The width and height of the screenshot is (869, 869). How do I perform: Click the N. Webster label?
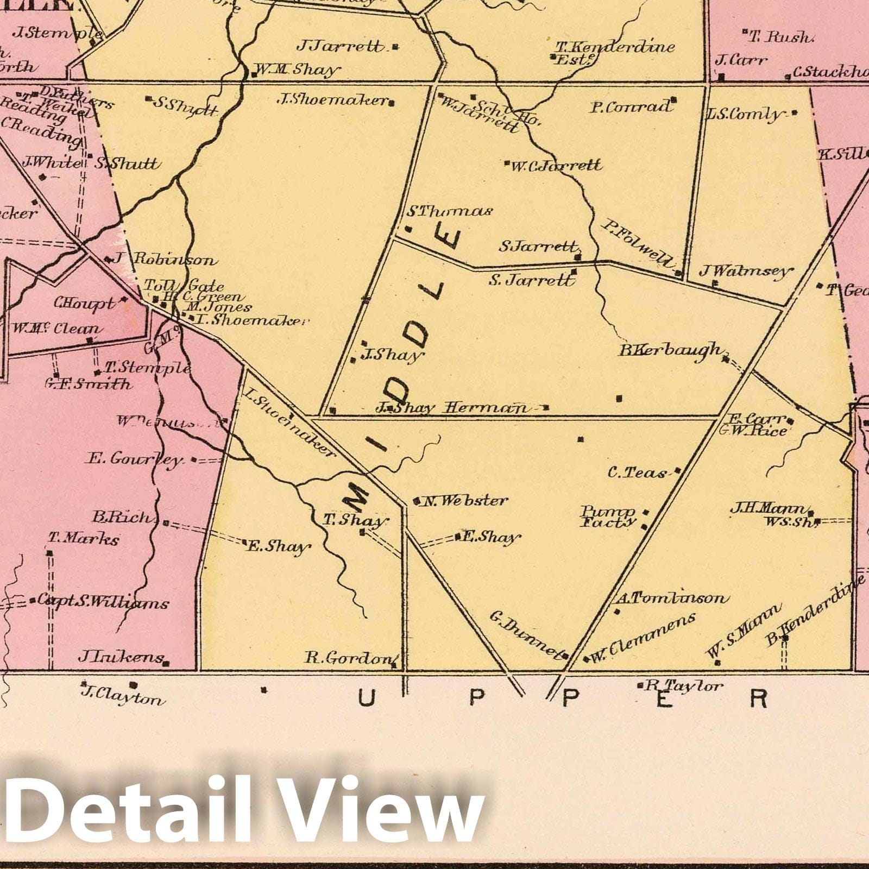(465, 500)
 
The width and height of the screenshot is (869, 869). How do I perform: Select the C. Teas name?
(637, 473)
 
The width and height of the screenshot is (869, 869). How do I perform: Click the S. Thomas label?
(450, 211)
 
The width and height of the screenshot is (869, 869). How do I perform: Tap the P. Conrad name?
(630, 107)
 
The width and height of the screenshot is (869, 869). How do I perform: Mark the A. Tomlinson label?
(670, 598)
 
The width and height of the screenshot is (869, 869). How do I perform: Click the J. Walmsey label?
(746, 270)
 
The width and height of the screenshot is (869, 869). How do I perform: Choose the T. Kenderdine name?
(614, 47)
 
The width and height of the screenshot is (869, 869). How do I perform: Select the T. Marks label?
(84, 539)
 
